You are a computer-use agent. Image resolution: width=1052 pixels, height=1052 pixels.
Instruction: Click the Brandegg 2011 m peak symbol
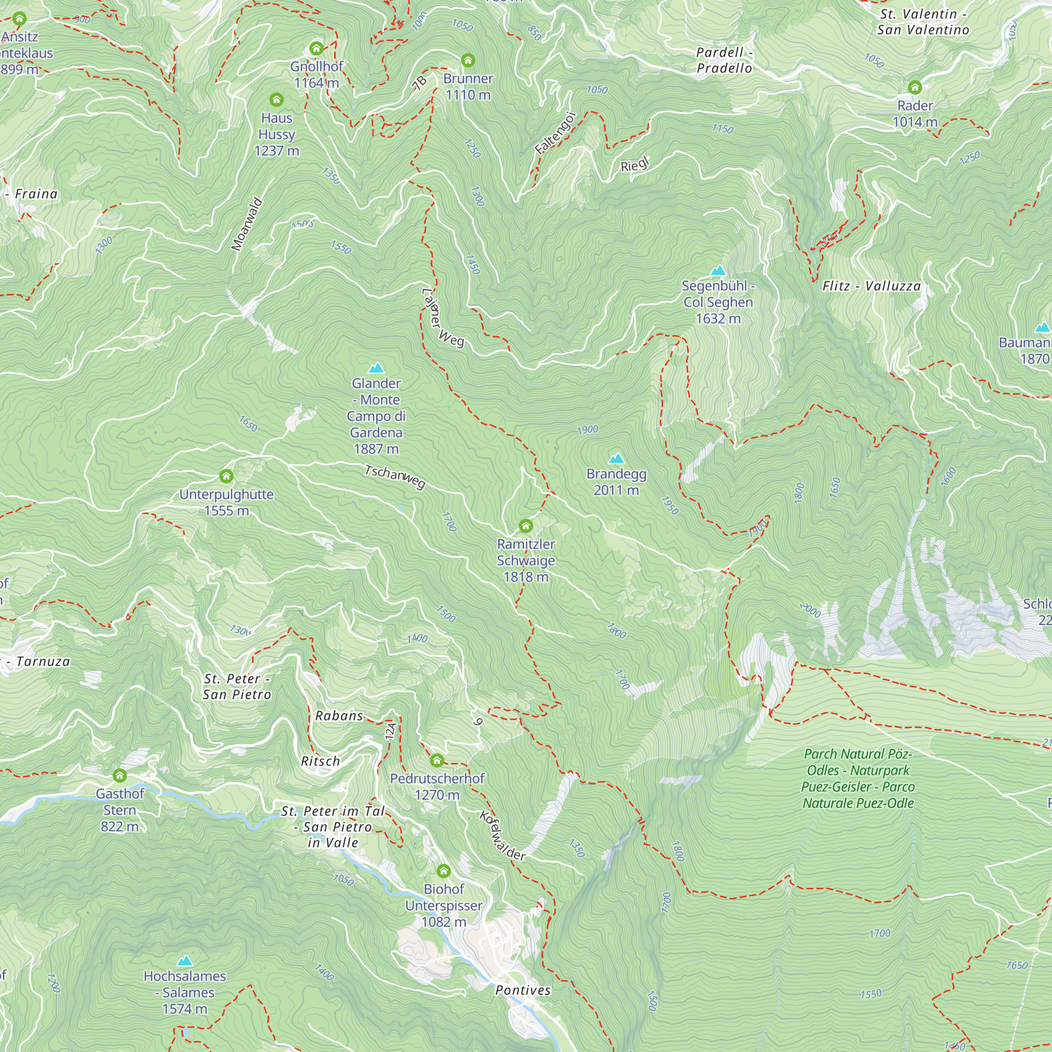[x=616, y=458]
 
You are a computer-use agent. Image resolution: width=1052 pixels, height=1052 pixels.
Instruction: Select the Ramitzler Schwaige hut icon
[x=525, y=525]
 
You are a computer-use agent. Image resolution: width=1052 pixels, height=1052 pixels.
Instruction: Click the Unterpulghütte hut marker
[x=227, y=477]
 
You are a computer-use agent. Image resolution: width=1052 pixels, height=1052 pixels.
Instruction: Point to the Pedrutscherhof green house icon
[x=437, y=760]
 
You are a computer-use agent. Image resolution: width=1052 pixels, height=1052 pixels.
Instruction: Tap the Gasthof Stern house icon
[x=120, y=775]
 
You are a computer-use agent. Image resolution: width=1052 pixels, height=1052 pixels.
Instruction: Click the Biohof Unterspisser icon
[x=444, y=871]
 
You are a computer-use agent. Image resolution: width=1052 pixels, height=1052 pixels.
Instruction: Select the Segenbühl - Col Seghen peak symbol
[x=717, y=270]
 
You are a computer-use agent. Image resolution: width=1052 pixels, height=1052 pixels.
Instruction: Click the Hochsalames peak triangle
[x=185, y=961]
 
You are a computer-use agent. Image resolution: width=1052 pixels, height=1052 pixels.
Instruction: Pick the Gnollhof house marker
[x=316, y=48]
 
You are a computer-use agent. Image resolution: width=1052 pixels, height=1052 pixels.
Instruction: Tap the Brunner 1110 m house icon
[x=468, y=60]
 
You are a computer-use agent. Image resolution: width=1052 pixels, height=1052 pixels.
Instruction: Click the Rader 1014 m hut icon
[x=915, y=87]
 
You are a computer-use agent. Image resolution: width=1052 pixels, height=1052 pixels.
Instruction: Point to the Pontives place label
[x=523, y=990]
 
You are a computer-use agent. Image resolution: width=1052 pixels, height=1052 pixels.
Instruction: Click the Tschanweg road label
[x=395, y=477]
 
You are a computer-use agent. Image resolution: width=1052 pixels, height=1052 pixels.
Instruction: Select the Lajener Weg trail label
[x=443, y=319]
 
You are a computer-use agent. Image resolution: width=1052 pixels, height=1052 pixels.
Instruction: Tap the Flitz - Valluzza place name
[x=871, y=286]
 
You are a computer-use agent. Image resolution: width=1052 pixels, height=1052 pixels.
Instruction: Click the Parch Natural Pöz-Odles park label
[x=857, y=778]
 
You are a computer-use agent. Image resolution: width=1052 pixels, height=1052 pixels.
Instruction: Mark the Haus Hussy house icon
[x=277, y=99]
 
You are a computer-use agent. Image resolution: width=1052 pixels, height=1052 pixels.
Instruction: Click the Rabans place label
[x=339, y=715]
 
